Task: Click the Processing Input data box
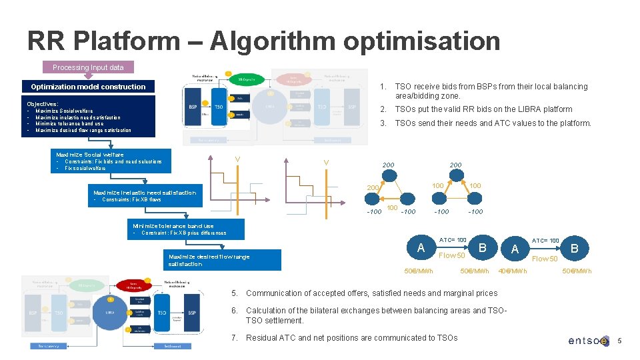pos(88,67)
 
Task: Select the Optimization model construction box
pos(88,87)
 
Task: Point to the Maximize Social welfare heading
pos(90,155)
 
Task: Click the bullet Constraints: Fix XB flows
pos(131,199)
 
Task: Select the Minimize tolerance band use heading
pos(173,226)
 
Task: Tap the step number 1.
pos(383,87)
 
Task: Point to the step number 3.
pos(383,123)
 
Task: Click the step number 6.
pos(235,311)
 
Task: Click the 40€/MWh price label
pos(513,271)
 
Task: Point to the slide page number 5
pos(619,341)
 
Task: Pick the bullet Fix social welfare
pos(85,168)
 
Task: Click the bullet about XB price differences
pos(183,233)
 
